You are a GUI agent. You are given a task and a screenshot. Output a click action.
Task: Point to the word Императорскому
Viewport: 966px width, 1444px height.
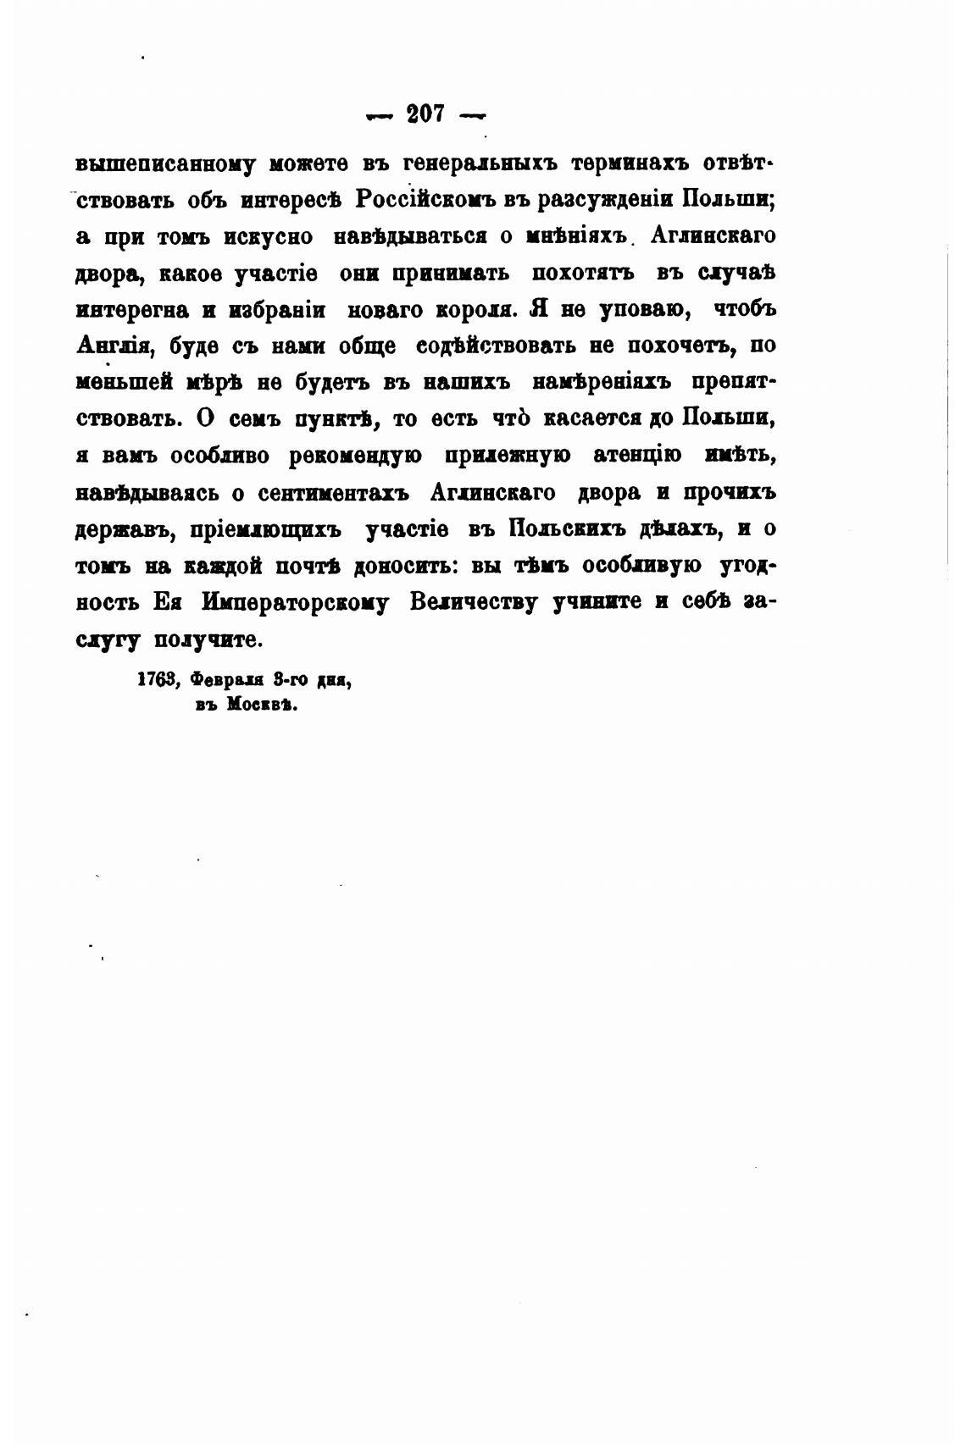tap(296, 602)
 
